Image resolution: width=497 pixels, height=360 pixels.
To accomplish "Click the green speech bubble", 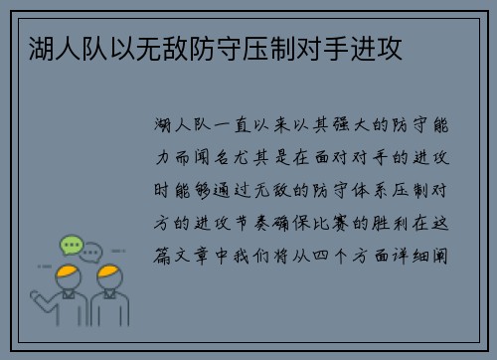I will click(71, 245).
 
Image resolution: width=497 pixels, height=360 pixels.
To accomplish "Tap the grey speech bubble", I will click(92, 252).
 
